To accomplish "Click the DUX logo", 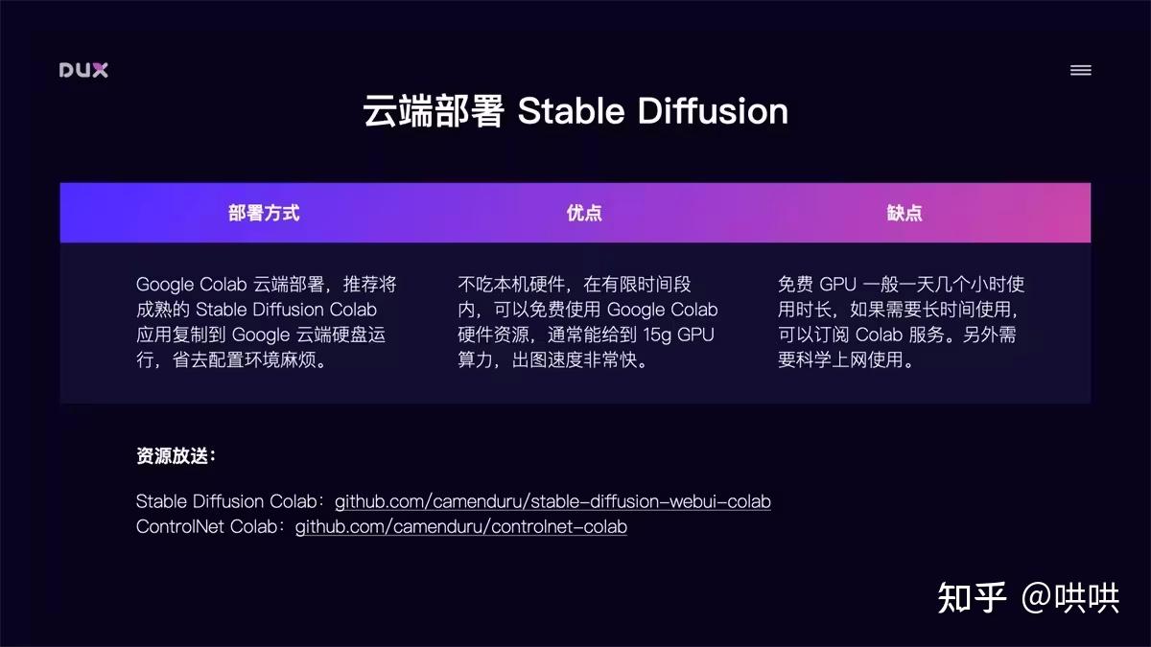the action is pos(83,70).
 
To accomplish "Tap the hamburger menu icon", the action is pos(1081,70).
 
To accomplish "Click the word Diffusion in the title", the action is pos(713,111).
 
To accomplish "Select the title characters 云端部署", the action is pos(434,111).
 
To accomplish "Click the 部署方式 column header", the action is pos(264,213).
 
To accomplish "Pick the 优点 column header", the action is pos(584,213).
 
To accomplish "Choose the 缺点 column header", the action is pos(904,213).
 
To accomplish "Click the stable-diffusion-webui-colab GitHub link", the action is pos(552,501).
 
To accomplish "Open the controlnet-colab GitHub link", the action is pos(461,527).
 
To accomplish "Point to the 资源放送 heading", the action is pos(176,455).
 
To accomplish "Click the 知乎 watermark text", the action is pos(972,598).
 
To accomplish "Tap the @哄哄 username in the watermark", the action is pos(1070,598).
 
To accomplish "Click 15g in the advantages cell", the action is pos(657,335).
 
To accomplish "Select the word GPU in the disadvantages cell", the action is pos(837,285).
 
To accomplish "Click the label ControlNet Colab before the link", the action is pos(206,527).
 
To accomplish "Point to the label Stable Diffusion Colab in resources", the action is pos(226,501).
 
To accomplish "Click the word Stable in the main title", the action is pos(571,111).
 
